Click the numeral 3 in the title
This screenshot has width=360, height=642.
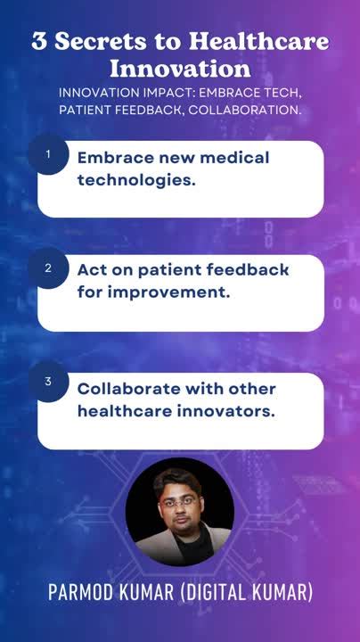point(39,42)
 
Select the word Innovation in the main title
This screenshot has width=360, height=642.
point(180,69)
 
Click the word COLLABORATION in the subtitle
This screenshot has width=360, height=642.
point(251,109)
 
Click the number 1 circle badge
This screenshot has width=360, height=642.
point(48,154)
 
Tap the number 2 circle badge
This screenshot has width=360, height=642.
point(48,267)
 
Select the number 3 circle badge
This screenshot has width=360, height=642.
point(48,382)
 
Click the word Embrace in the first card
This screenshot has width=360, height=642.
point(113,157)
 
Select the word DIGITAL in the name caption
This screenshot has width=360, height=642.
point(217,593)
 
